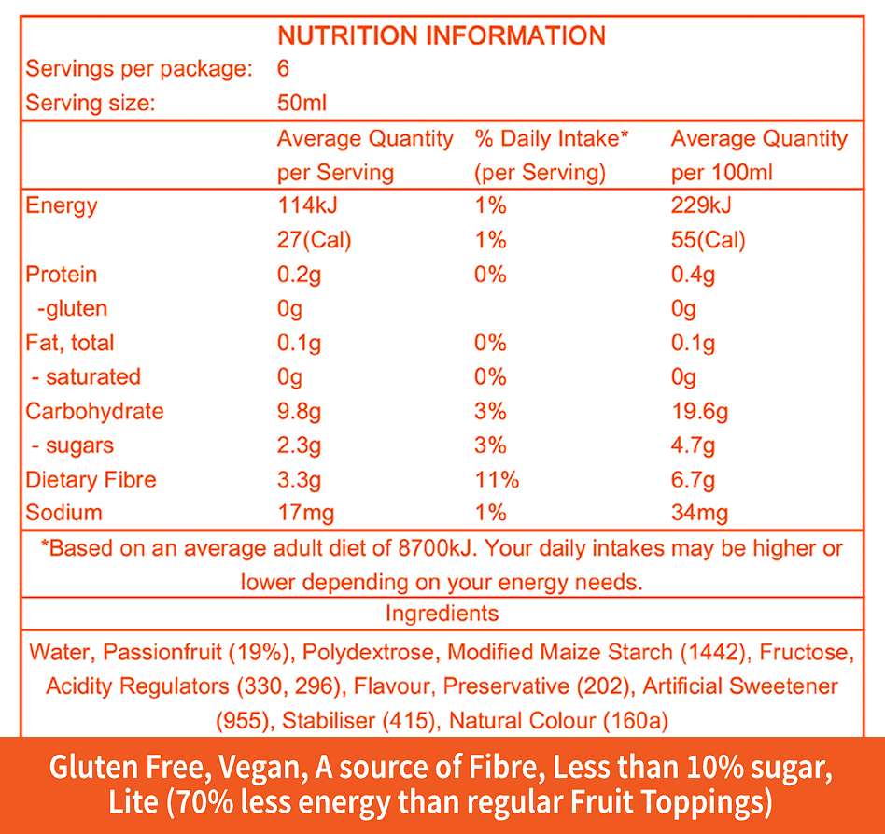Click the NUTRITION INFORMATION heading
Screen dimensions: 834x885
tap(442, 35)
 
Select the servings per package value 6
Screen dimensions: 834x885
tap(284, 69)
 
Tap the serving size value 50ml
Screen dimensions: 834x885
tap(302, 103)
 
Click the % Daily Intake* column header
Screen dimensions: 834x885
tap(552, 139)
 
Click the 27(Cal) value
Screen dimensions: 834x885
tap(314, 240)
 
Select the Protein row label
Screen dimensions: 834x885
tap(61, 275)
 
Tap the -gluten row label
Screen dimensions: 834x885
tap(71, 308)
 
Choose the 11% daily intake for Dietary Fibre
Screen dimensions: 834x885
tap(497, 480)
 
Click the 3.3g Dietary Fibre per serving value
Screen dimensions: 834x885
tap(299, 480)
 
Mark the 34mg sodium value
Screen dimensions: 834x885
tap(699, 513)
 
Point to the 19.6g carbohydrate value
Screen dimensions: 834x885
tap(699, 412)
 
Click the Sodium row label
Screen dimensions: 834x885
tap(63, 513)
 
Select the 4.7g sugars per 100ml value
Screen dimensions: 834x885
tap(693, 445)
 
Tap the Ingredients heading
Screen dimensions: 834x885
tap(442, 614)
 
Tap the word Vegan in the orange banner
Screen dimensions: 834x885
tap(264, 769)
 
